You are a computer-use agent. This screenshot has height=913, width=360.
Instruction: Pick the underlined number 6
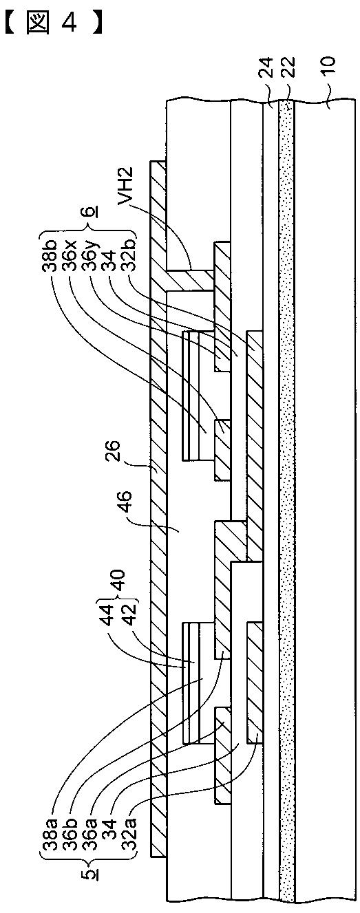click(x=92, y=212)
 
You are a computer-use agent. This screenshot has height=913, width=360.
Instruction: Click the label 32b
click(x=129, y=254)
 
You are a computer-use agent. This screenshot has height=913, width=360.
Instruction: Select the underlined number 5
click(x=93, y=873)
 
